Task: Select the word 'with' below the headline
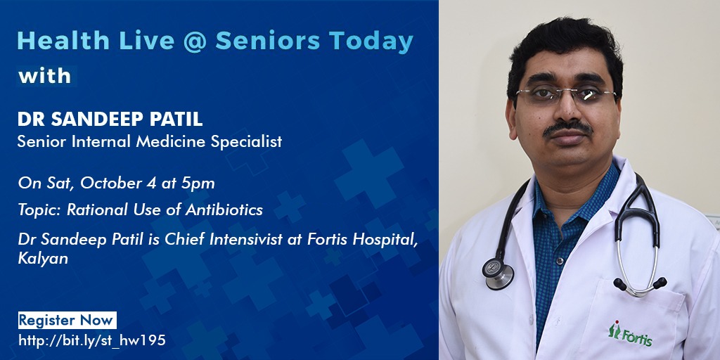click(44, 76)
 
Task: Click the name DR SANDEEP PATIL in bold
click(110, 119)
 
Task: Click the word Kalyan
click(43, 259)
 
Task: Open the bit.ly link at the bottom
click(92, 341)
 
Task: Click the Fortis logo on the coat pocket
click(630, 333)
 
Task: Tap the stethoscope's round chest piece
click(498, 274)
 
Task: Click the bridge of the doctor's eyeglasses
click(569, 91)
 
